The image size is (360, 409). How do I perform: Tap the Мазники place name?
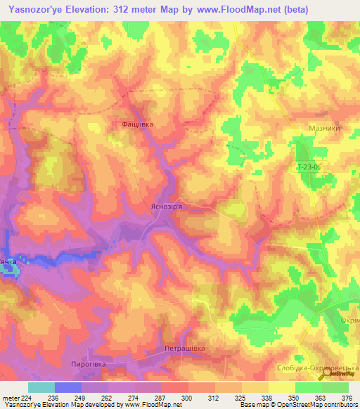[x=324, y=129]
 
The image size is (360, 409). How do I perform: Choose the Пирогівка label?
[x=88, y=364]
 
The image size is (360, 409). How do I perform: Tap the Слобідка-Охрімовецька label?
[x=326, y=368]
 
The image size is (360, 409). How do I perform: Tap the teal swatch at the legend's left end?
[x=41, y=387]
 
